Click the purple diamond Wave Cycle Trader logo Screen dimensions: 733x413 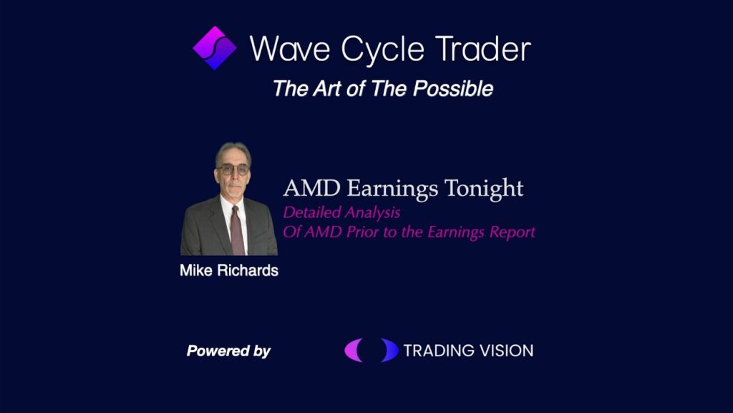[x=215, y=48]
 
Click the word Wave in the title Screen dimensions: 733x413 [x=290, y=48]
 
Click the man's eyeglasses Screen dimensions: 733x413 [x=233, y=169]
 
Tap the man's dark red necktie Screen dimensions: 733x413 [x=237, y=230]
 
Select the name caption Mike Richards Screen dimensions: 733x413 [x=229, y=270]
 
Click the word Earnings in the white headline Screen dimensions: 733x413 [x=393, y=189]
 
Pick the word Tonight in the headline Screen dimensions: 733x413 [x=484, y=189]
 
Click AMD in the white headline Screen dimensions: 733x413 [x=312, y=189]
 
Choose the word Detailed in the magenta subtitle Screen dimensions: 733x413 [x=312, y=212]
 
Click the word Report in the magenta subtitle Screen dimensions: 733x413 [x=513, y=233]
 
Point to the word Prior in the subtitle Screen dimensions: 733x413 [x=363, y=233]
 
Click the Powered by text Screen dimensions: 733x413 [x=228, y=351]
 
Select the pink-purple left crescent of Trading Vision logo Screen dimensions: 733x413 [x=353, y=350]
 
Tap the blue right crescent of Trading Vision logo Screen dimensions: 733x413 [x=389, y=350]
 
